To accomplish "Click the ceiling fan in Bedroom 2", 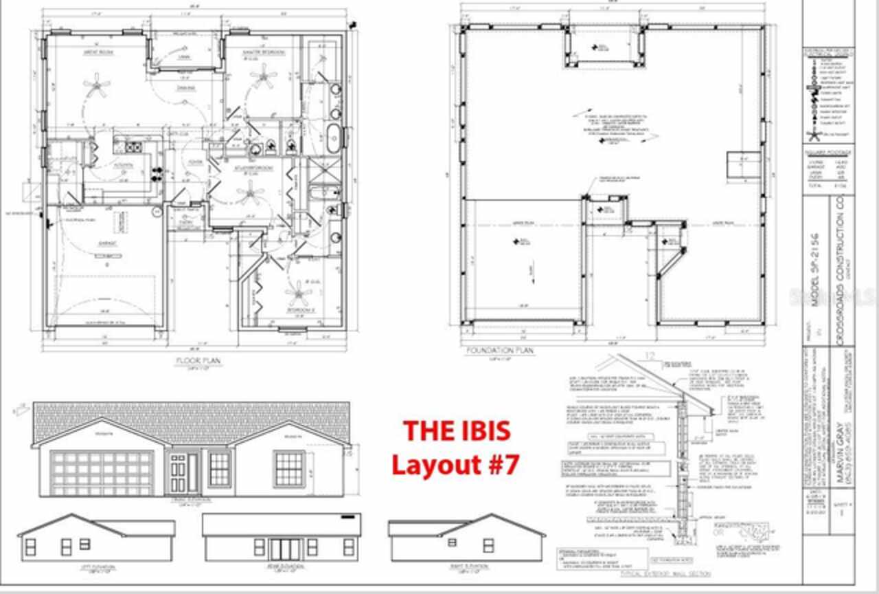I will pos(299,294).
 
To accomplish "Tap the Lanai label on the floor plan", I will pos(183,57).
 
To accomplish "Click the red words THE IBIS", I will pos(457,431).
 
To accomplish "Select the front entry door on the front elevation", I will pos(178,473).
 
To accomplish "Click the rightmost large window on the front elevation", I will pos(289,469).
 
